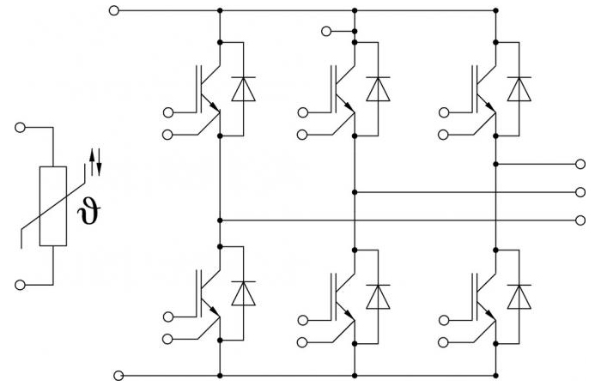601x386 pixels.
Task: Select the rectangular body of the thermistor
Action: point(53,206)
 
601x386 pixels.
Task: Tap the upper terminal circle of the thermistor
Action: point(20,127)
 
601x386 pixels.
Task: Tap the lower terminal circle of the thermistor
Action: point(20,285)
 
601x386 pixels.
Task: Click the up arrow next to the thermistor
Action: point(92,162)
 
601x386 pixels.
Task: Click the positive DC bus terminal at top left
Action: point(114,10)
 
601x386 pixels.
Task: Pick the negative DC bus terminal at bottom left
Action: point(118,376)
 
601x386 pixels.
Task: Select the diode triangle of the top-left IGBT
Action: point(243,89)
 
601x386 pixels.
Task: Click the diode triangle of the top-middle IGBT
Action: point(378,89)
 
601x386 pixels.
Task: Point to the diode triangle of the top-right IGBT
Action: point(519,89)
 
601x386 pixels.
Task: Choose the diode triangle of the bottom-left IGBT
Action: point(243,293)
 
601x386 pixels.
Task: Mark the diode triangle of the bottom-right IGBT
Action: point(519,297)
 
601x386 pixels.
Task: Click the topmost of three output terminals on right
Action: point(580,164)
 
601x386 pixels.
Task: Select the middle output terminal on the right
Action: point(580,192)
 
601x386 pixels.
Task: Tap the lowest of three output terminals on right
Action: point(580,220)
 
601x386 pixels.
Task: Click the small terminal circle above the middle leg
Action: point(326,31)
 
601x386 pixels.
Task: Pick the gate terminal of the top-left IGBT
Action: point(167,112)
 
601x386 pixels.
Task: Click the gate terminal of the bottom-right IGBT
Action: point(444,320)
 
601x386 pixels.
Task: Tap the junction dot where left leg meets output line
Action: point(220,220)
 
